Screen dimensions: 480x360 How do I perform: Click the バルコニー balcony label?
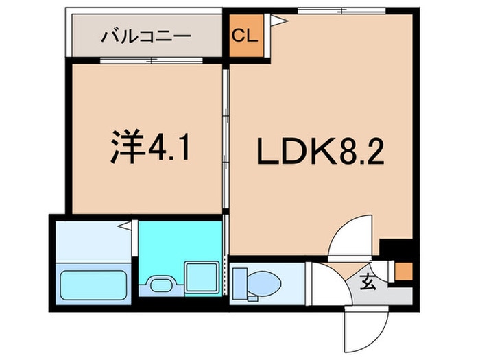coord(146,37)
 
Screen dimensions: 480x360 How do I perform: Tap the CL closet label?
coord(244,36)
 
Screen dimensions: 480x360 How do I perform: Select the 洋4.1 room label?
coord(150,146)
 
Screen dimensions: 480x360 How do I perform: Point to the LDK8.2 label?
coord(320,152)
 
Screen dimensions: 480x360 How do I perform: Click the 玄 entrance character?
coord(368,282)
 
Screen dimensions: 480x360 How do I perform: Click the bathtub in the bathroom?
coord(94,285)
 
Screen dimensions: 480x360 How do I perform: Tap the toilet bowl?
coord(264,284)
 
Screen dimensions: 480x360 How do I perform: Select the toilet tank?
coord(240,283)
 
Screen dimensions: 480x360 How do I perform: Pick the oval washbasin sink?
coord(161,285)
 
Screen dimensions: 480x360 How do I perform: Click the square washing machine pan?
coord(202,277)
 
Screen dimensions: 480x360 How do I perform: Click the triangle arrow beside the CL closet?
coord(279,21)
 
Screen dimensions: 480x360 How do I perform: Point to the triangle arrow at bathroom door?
coord(125,226)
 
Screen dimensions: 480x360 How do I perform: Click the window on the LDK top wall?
coord(341,11)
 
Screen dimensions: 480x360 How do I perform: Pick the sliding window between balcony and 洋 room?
coord(152,60)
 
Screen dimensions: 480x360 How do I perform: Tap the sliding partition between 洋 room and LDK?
coord(226,139)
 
